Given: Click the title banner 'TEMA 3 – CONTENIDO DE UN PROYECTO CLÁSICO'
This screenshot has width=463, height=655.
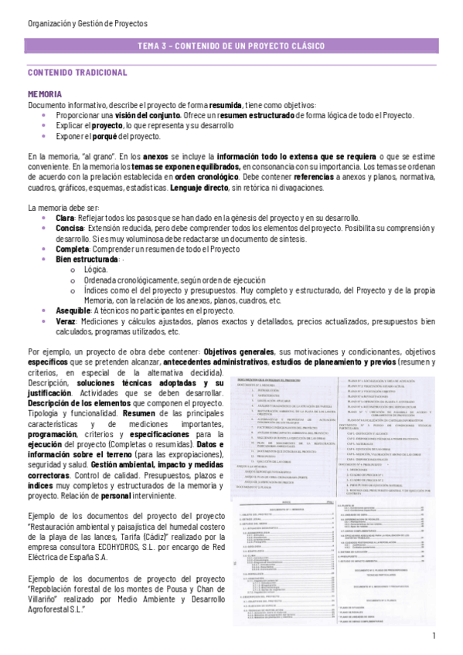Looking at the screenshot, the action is pos(231,46).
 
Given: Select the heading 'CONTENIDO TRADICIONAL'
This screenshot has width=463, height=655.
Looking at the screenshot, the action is pos(77,73).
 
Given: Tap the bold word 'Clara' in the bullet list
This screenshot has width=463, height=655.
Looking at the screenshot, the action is pos(65,219).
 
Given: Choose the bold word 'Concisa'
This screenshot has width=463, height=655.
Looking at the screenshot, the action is pos(70,229).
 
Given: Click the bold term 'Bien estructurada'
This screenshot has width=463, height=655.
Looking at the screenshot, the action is pos(87,260).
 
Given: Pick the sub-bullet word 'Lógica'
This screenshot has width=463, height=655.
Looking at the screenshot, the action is pos(96,270).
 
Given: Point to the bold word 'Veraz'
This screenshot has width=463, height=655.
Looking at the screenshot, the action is pos(66,321).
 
